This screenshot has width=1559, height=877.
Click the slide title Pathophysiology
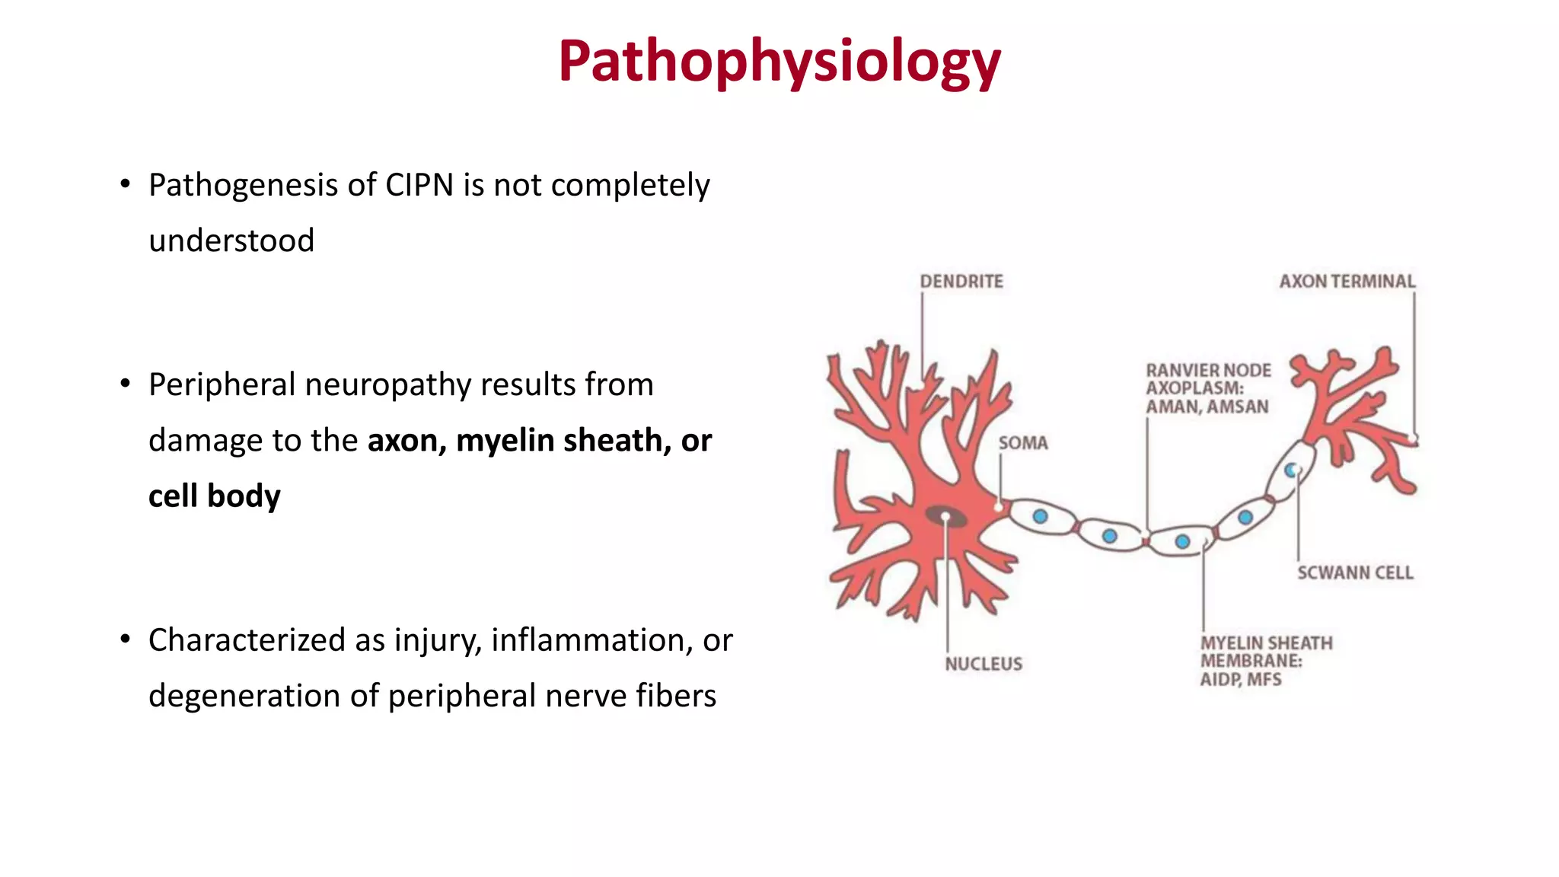[x=779, y=61]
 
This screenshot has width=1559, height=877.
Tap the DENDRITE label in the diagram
[x=961, y=282]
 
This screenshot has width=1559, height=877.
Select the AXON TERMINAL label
[x=1347, y=282]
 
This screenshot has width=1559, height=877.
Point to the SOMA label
[x=1023, y=443]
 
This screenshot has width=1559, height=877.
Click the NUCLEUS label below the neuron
[x=984, y=664]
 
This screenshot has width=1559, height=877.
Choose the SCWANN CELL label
[x=1355, y=572]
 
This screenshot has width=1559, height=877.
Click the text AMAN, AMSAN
[x=1207, y=407]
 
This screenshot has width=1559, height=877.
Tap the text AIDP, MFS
[x=1241, y=679]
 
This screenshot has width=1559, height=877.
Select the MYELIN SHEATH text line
[x=1267, y=643]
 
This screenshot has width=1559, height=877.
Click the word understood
[x=231, y=241]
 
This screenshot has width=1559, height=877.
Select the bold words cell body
[x=214, y=496]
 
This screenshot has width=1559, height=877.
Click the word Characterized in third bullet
[x=247, y=640]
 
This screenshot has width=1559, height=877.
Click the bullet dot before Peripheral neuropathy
[x=125, y=384]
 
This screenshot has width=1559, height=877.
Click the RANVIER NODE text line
[x=1208, y=370]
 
